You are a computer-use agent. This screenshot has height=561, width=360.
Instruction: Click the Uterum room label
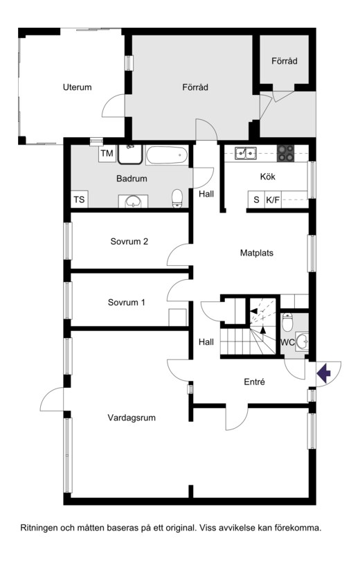click(x=78, y=87)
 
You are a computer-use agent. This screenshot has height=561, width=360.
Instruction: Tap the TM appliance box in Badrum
click(x=107, y=154)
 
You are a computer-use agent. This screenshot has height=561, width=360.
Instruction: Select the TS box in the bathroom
click(x=79, y=199)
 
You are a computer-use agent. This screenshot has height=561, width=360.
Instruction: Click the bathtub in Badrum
click(x=167, y=155)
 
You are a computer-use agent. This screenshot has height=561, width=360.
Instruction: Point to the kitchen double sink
click(x=246, y=153)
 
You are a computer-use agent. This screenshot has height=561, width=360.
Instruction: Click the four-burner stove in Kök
click(x=286, y=153)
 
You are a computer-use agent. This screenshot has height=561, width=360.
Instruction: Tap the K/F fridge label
click(x=273, y=199)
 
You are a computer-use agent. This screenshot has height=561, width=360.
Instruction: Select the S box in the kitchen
click(x=256, y=199)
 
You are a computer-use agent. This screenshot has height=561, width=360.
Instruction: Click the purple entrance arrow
click(x=324, y=373)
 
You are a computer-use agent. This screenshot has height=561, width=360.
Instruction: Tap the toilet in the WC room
click(x=287, y=322)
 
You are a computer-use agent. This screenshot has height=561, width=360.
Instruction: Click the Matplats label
click(x=257, y=253)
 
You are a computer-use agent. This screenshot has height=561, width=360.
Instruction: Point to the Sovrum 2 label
click(x=129, y=242)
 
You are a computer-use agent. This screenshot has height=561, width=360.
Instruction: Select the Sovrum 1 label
click(x=127, y=303)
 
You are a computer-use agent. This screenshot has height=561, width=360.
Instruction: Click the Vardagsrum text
click(x=132, y=418)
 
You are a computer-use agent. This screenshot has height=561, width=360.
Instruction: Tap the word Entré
click(x=255, y=382)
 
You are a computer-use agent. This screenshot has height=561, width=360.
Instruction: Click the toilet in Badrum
click(x=177, y=198)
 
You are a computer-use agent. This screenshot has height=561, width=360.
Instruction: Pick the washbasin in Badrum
click(x=134, y=202)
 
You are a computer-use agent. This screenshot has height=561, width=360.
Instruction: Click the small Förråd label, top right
click(x=285, y=61)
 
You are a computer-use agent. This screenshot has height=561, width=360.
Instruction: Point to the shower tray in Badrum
click(x=130, y=154)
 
